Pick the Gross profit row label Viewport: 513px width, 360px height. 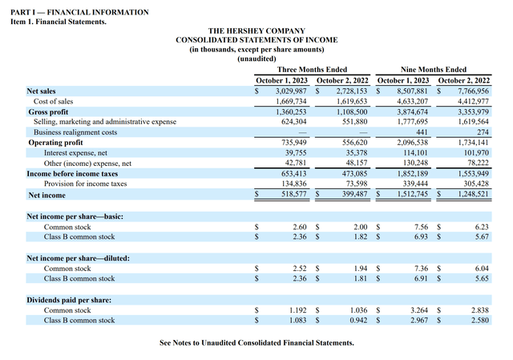[48, 112]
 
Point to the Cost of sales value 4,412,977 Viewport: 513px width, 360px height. [472, 102]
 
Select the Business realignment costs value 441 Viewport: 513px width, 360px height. [419, 131]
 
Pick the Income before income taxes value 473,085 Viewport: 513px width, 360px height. [350, 172]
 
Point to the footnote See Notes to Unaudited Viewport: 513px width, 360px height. [256, 342]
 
